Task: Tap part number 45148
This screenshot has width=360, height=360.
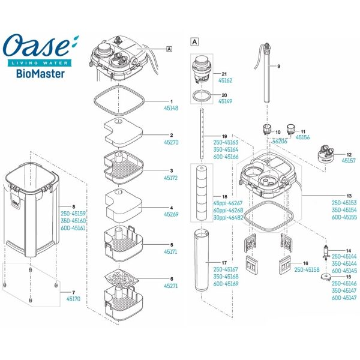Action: point(171,109)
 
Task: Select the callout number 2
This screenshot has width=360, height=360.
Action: point(171,136)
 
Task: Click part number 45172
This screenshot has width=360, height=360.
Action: point(171,179)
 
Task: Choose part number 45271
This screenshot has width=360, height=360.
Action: point(171,287)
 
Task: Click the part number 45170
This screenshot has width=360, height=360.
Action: point(73,298)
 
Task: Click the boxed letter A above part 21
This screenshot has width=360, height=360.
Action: point(193,42)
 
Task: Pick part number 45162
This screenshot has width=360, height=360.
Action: point(225,79)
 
